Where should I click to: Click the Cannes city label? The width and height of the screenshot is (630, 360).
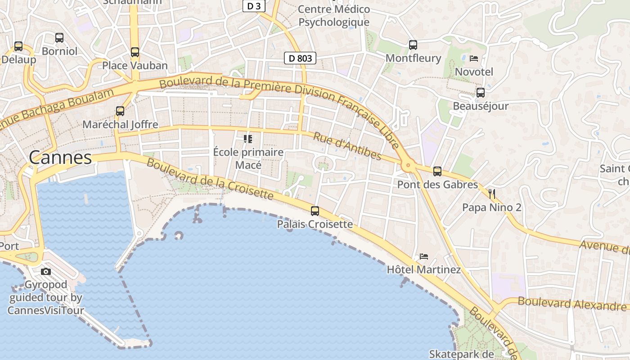pyautogui.click(x=60, y=157)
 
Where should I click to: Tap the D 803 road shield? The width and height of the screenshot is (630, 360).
pyautogui.click(x=300, y=58)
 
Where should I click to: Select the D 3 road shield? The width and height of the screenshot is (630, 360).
pyautogui.click(x=254, y=6)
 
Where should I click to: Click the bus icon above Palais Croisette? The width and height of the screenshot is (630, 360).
pyautogui.click(x=315, y=211)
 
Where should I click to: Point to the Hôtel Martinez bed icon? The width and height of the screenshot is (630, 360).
pyautogui.click(x=423, y=256)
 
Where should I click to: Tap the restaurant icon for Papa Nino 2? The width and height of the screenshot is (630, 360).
pyautogui.click(x=492, y=194)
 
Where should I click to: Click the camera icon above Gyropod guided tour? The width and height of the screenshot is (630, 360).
pyautogui.click(x=46, y=271)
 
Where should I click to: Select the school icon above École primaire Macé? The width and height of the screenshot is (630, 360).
pyautogui.click(x=248, y=139)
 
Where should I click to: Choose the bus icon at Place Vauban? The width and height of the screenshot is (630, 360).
pyautogui.click(x=135, y=52)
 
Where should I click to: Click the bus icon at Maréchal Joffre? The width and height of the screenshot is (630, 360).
pyautogui.click(x=120, y=111)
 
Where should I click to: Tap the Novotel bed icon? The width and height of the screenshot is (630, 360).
pyautogui.click(x=474, y=58)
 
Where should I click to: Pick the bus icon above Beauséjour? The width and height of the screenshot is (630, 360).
pyautogui.click(x=481, y=93)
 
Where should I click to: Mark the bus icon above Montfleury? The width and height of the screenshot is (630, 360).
pyautogui.click(x=413, y=45)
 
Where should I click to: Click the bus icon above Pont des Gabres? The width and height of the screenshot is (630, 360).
pyautogui.click(x=437, y=171)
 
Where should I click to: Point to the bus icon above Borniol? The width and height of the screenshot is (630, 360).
pyautogui.click(x=59, y=38)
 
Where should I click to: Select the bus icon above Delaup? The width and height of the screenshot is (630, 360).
pyautogui.click(x=18, y=46)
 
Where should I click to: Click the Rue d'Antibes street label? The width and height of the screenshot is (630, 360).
pyautogui.click(x=347, y=146)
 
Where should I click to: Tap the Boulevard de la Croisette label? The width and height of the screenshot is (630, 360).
pyautogui.click(x=210, y=179)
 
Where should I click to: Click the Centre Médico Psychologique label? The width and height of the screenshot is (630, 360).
pyautogui.click(x=334, y=16)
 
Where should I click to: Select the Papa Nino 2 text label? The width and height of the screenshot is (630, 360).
pyautogui.click(x=492, y=207)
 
